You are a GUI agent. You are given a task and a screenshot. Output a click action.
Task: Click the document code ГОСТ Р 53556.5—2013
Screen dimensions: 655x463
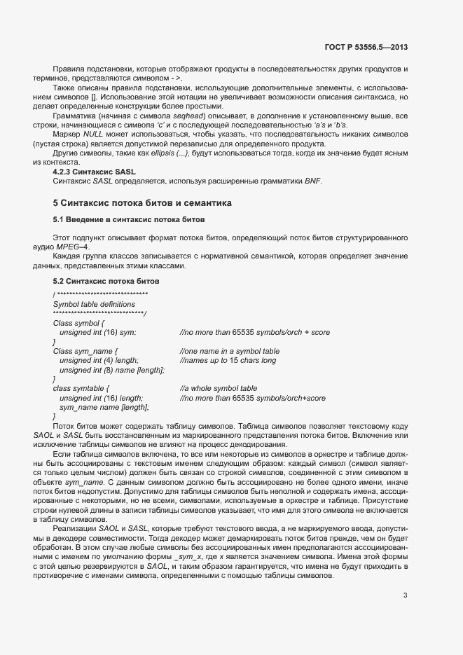(366, 48)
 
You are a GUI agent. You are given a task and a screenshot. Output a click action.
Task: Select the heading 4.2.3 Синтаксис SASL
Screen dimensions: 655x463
(95, 172)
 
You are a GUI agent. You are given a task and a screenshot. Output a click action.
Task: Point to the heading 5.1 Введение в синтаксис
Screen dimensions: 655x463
(128, 220)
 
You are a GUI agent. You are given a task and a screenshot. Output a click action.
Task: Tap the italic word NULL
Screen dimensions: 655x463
(93, 133)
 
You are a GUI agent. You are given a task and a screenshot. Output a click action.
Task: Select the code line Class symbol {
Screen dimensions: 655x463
(78, 323)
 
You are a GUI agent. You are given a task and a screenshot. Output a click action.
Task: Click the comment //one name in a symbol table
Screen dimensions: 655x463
(229, 351)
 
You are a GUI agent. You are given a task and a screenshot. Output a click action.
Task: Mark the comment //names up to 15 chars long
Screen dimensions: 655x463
(228, 360)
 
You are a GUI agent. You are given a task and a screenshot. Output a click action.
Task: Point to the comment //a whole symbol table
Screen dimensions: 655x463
(218, 388)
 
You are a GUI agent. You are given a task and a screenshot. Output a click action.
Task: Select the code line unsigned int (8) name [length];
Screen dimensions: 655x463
(112, 369)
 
